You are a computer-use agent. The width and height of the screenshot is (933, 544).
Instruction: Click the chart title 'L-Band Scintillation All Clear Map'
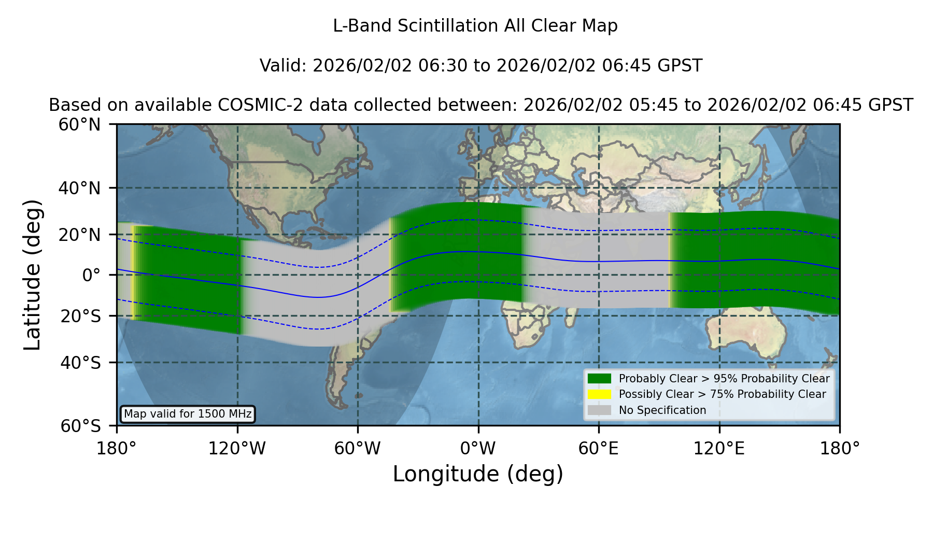475,26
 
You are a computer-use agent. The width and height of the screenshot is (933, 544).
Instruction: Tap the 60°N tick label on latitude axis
80,124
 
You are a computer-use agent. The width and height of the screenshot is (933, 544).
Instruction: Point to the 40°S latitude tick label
80,363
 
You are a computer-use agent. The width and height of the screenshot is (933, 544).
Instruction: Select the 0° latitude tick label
91,275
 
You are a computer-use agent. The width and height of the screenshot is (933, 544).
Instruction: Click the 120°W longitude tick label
237,449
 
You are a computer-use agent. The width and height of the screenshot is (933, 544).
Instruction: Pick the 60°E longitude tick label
599,449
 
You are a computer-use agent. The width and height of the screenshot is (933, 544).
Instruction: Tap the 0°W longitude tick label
478,449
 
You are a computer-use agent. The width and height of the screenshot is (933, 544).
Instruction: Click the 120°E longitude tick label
719,449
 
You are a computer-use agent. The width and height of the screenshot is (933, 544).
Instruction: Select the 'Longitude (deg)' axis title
478,474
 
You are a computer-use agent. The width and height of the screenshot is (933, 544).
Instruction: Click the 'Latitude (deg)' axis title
33,275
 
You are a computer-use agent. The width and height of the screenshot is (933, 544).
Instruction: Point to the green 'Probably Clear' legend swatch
600,378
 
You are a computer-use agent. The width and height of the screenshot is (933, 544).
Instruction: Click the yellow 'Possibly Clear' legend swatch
600,394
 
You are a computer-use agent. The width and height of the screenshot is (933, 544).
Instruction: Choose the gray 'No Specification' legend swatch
600,410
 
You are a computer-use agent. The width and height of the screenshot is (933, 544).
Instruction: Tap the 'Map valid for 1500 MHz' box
188,414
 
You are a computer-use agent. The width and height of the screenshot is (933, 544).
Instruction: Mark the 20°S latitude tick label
80,316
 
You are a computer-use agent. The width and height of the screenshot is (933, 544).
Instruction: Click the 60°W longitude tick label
358,449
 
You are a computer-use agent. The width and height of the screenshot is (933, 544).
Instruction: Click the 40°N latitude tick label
80,188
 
